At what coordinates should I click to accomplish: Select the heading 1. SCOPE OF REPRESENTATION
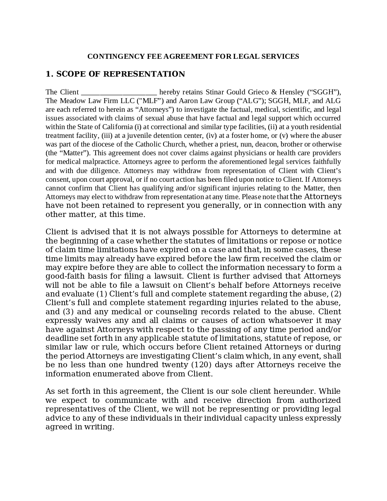click(115, 74)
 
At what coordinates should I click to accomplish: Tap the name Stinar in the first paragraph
click(215, 92)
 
